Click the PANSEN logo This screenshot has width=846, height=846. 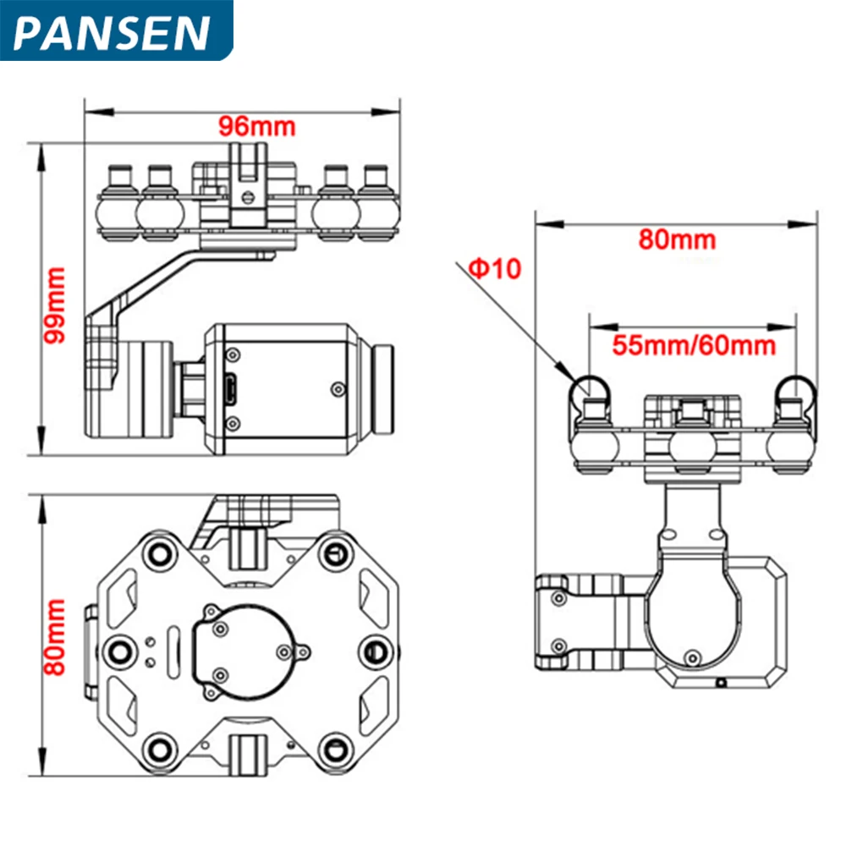(114, 32)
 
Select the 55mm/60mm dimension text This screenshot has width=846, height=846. (694, 345)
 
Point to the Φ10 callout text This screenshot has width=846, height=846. (496, 269)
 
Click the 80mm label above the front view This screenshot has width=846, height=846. (677, 239)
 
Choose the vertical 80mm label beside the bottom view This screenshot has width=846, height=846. (56, 636)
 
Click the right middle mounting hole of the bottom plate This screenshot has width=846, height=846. (375, 651)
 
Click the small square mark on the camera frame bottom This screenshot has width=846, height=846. (719, 682)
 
